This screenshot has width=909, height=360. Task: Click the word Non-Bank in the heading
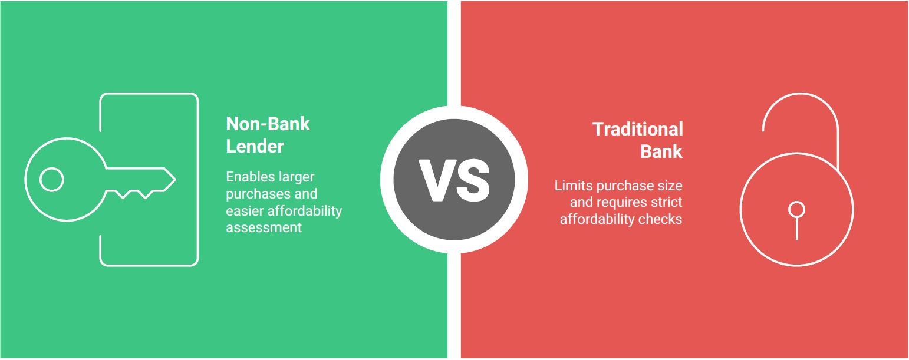268,124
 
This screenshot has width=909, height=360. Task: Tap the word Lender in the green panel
255,146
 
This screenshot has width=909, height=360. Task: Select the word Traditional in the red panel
638,129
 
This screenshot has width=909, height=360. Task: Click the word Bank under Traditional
661,151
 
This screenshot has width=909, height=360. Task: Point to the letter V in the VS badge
437,180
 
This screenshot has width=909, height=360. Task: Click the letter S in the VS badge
472,180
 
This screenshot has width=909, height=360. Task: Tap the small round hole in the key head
51,179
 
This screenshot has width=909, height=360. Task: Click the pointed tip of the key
175,179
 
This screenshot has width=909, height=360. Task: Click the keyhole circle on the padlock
796,210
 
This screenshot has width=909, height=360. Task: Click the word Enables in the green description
245,177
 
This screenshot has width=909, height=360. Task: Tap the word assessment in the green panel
264,227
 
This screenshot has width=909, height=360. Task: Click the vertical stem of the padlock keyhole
796,229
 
